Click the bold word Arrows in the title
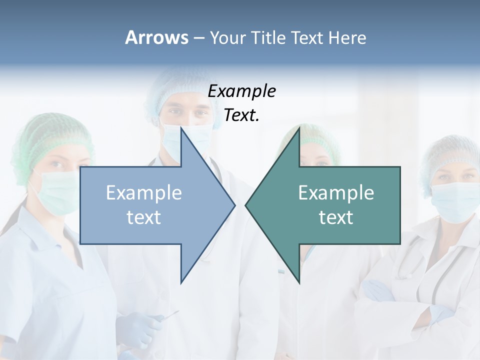pos(156,37)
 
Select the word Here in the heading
pos(347,37)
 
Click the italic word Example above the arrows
pos(241,91)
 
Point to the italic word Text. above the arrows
pos(241,115)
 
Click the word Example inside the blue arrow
pos(144,192)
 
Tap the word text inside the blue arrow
pos(144,217)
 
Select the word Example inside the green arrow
pos(336,192)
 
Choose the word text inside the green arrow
pos(336,217)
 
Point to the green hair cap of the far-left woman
pos(50,135)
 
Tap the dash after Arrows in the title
pos(198,38)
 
